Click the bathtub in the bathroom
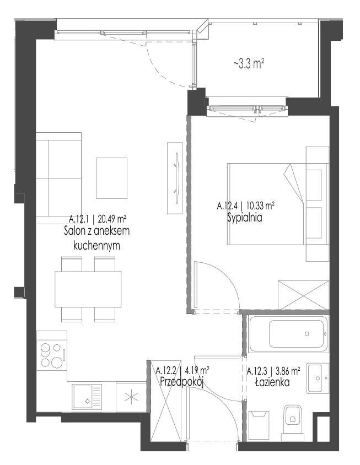click(288, 334)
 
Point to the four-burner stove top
click(51, 354)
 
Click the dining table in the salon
click(88, 289)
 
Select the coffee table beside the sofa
click(111, 178)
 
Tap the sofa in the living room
click(59, 177)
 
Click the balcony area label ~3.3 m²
click(249, 64)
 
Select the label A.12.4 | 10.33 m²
click(245, 206)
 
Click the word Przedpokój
click(181, 382)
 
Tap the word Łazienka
click(272, 382)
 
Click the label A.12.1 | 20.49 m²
click(98, 219)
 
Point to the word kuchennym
click(96, 245)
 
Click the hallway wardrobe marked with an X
click(166, 401)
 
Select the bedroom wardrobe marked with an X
click(303, 295)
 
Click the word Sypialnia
click(245, 218)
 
